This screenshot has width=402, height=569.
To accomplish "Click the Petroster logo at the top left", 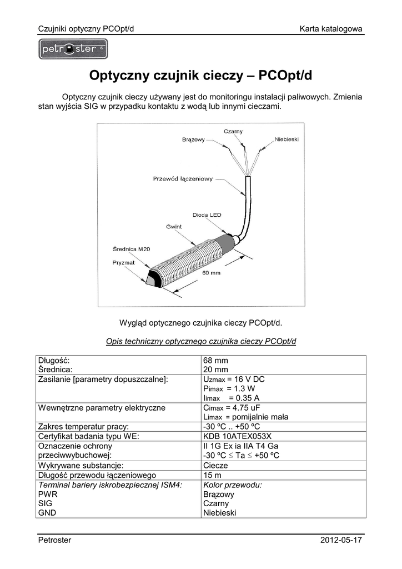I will (73, 49).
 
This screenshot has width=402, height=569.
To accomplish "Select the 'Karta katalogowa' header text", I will (331, 28).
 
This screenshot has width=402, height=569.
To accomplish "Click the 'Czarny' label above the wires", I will (233, 131).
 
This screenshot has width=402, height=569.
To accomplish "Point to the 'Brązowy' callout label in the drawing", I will (194, 139).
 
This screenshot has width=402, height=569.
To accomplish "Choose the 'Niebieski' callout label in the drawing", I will (287, 139).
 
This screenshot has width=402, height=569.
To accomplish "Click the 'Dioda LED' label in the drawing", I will (207, 214).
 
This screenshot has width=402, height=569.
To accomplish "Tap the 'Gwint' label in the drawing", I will (174, 227).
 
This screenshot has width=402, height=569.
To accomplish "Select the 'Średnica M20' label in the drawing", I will (131, 249).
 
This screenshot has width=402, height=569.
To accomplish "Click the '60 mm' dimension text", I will (212, 273).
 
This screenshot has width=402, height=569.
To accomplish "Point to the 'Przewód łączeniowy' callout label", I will (183, 179).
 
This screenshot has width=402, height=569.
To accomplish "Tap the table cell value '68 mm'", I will (216, 360).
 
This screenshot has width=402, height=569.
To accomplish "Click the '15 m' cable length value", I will (213, 475).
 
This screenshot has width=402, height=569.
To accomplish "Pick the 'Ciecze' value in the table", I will (216, 465).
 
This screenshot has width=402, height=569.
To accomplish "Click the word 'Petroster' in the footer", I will (54, 540).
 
